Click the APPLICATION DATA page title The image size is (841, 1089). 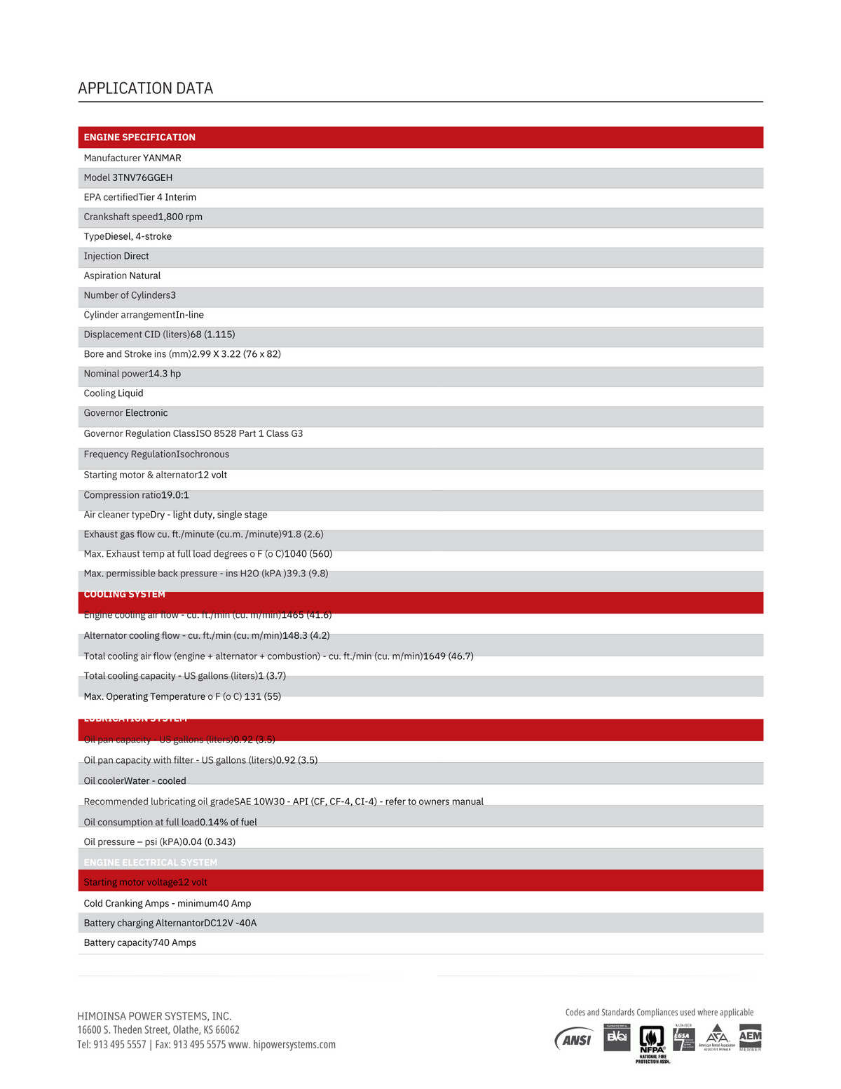(x=145, y=88)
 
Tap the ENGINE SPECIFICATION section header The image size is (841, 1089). (x=139, y=137)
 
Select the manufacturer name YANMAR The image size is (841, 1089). (x=162, y=158)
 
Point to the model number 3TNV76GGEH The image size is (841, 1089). (x=142, y=177)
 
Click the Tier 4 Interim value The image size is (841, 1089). (x=167, y=197)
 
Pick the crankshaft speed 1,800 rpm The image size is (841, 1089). (x=180, y=217)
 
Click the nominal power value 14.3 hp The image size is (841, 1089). (x=165, y=374)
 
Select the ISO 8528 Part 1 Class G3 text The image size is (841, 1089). (x=249, y=433)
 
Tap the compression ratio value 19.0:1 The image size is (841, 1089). (x=175, y=495)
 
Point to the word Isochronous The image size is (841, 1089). (x=203, y=454)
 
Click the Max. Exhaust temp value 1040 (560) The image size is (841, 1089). (x=308, y=554)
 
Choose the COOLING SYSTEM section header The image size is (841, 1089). (x=125, y=595)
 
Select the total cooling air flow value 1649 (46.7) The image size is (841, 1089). (x=449, y=656)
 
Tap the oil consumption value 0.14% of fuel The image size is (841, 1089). (x=228, y=822)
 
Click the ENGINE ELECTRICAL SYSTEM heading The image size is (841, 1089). (x=151, y=863)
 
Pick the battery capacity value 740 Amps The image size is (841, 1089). (x=175, y=942)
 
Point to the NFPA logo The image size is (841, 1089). (x=652, y=1041)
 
